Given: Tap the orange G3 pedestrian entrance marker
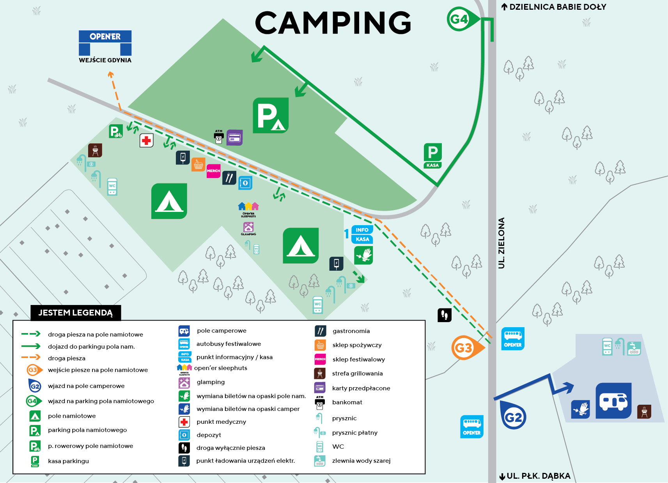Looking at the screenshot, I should (x=466, y=347).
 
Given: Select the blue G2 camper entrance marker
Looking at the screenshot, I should (x=513, y=416).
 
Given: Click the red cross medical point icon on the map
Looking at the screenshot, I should (x=147, y=141).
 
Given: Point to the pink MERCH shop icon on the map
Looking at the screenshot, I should (x=213, y=171).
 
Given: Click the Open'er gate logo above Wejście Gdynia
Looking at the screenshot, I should (x=105, y=42).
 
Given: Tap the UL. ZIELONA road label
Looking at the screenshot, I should (x=501, y=243).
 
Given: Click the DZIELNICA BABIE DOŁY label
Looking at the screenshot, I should (x=554, y=7).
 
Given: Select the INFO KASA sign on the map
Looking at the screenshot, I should (x=362, y=234).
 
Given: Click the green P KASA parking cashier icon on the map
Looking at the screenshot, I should (x=432, y=156).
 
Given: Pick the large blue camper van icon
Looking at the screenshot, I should (x=613, y=400).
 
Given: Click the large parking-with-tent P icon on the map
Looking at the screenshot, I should (x=271, y=115).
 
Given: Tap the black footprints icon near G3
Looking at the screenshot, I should (x=445, y=315).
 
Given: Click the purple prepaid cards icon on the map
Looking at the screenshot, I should (x=234, y=137).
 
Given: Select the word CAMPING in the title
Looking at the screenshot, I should (x=333, y=22).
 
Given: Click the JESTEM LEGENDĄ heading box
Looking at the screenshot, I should (x=76, y=312).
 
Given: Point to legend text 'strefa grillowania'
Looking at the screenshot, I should (x=357, y=374).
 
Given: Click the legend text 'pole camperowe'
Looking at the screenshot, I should (x=221, y=331).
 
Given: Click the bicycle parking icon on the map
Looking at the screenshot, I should (x=116, y=131).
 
